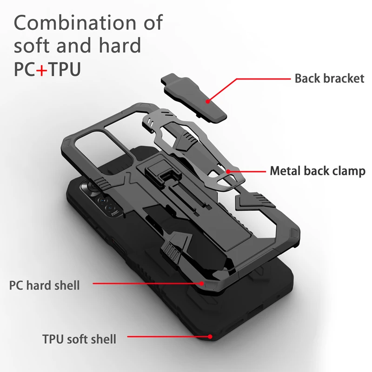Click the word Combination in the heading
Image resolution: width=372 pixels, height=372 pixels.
pos(75,22)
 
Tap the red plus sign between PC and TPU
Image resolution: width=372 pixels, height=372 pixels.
pos(42,70)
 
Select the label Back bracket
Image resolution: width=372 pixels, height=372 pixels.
pos(329,79)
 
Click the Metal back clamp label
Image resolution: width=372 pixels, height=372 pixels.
pos(318,171)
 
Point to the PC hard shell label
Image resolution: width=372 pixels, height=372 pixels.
pos(44,285)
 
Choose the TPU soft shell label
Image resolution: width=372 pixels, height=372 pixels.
pos(79,339)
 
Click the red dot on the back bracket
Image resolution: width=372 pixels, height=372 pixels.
pos(208,101)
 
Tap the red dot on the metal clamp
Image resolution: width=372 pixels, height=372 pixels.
pos(228,171)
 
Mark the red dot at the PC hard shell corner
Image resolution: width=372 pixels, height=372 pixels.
pos(201,283)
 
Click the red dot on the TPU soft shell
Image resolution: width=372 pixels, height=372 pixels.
pos(210,336)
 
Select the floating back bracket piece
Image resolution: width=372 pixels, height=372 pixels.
pos(193,98)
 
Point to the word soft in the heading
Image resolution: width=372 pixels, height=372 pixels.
pos(33,45)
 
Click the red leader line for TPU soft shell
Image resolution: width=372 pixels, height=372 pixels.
pos(167,336)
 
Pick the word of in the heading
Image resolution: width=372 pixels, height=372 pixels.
pos(153,22)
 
